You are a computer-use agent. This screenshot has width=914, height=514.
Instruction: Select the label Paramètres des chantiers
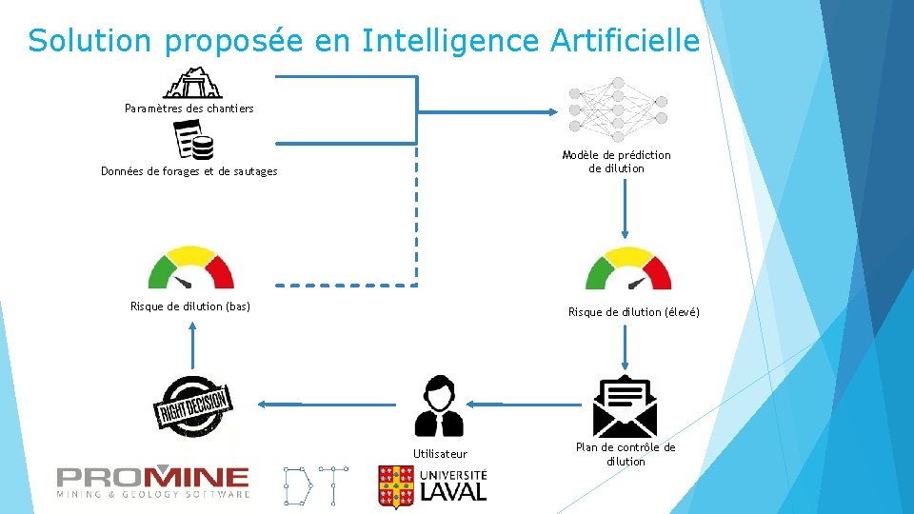[189, 109]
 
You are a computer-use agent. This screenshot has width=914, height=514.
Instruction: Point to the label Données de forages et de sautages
[189, 171]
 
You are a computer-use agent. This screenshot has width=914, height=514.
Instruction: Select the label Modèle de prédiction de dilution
[616, 162]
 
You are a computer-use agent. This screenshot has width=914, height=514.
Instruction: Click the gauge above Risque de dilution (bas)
[191, 268]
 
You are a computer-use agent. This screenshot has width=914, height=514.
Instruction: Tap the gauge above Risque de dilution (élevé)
[628, 268]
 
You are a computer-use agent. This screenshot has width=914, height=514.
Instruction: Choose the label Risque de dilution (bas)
[190, 306]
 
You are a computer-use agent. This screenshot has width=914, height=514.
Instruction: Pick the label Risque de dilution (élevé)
[634, 312]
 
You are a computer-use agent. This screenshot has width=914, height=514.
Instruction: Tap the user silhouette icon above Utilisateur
[439, 405]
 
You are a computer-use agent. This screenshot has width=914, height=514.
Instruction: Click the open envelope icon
[626, 405]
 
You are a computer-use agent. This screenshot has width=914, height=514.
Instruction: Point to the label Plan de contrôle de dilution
[626, 454]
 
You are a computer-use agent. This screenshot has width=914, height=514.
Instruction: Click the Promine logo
[153, 482]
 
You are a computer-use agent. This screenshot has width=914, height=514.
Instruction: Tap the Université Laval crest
[395, 485]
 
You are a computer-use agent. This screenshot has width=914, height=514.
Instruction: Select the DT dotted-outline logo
[315, 485]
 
